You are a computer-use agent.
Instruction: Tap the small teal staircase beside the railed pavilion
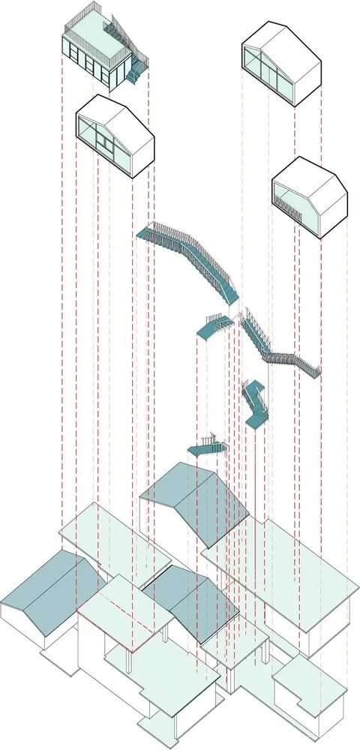136,72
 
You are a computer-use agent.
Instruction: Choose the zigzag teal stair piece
255,405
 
